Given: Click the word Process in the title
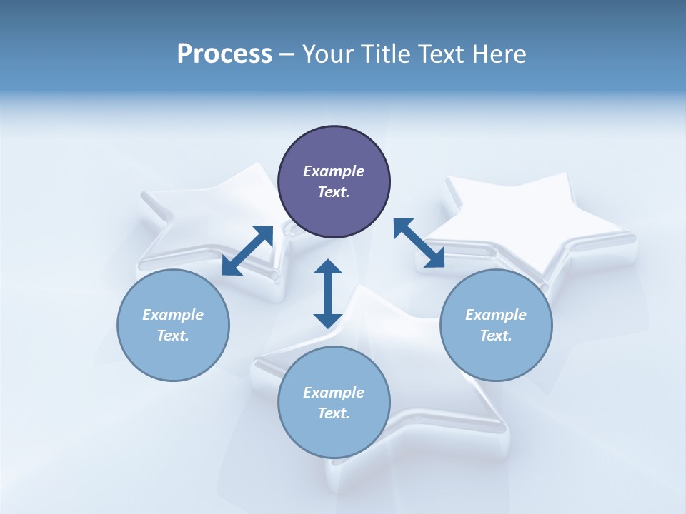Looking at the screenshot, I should click(x=224, y=54).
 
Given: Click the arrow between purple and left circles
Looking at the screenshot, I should click(x=247, y=251).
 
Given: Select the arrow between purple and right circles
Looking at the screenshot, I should click(x=419, y=243).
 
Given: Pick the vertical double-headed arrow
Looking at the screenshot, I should click(x=328, y=293).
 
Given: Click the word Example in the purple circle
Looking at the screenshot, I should click(x=334, y=171).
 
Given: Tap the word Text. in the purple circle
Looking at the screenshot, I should click(x=334, y=192).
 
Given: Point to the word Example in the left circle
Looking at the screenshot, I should click(x=173, y=315).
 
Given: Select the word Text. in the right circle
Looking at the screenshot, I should click(x=496, y=336).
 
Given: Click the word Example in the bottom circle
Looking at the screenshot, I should click(x=334, y=393).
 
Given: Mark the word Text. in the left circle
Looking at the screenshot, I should click(x=173, y=336).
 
